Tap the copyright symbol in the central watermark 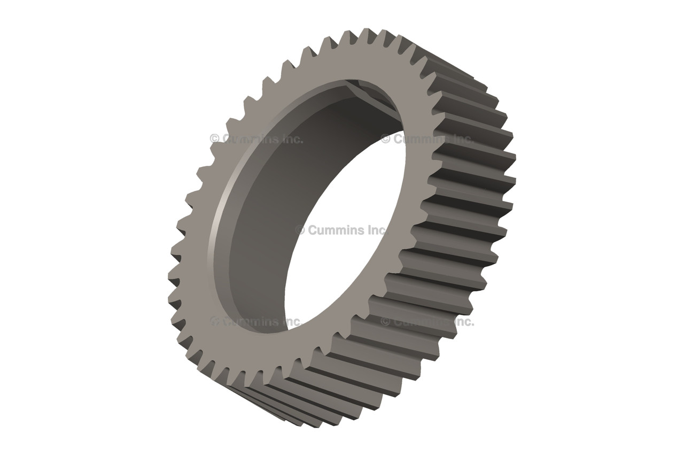tap(300, 230)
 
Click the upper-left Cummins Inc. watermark tap(256, 139)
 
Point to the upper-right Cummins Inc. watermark tap(427, 139)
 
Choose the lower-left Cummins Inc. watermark tap(256, 321)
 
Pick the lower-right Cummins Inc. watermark tap(427, 321)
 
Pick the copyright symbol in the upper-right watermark tap(386, 139)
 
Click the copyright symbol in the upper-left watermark tap(214, 139)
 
